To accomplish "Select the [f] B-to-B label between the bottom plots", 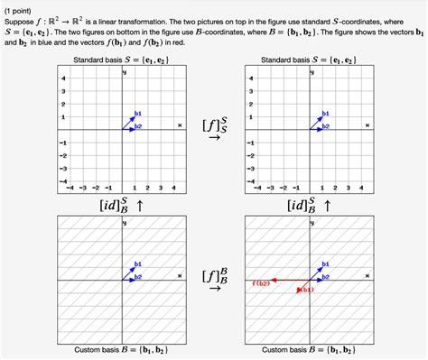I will [x=215, y=278].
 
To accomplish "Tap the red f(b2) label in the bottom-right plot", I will [x=262, y=282].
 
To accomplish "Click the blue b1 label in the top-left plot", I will [x=137, y=112].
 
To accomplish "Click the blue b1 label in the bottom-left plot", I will [x=137, y=263].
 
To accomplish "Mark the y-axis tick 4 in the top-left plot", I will [x=63, y=78].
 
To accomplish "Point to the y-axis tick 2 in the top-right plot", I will [x=251, y=104].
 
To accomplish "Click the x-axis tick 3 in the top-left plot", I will [x=161, y=187].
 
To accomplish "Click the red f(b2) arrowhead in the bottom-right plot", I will [x=275, y=281].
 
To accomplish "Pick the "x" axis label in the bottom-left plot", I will [x=179, y=275].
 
